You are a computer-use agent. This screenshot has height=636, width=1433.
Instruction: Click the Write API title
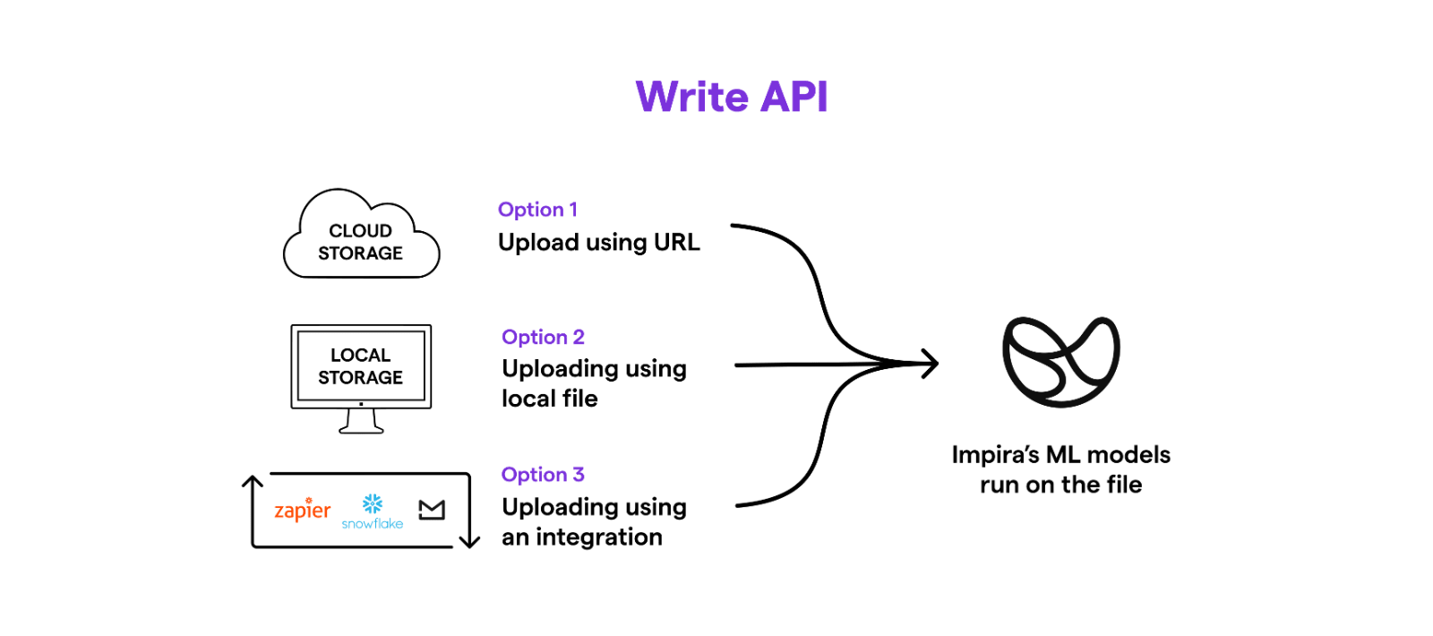[x=731, y=97]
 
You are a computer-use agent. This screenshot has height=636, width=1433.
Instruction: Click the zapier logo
[x=303, y=510]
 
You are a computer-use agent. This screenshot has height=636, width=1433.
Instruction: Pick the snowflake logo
[x=373, y=511]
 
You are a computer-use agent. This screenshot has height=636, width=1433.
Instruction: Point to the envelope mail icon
[x=432, y=510]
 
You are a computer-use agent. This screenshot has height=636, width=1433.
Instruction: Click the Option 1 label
[x=537, y=210]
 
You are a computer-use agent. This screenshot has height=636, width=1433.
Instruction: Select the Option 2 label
[x=543, y=337]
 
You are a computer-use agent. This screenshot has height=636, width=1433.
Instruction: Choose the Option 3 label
[x=543, y=474]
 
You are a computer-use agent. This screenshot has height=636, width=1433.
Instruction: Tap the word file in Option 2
[x=579, y=398]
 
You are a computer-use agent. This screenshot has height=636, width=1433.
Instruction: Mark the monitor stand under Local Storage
[x=361, y=422]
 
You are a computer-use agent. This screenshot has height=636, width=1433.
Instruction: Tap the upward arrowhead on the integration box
[x=253, y=481]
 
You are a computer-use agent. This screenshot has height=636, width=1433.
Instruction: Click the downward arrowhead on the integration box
[x=469, y=541]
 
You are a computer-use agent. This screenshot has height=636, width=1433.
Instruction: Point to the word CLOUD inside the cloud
[x=360, y=230]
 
